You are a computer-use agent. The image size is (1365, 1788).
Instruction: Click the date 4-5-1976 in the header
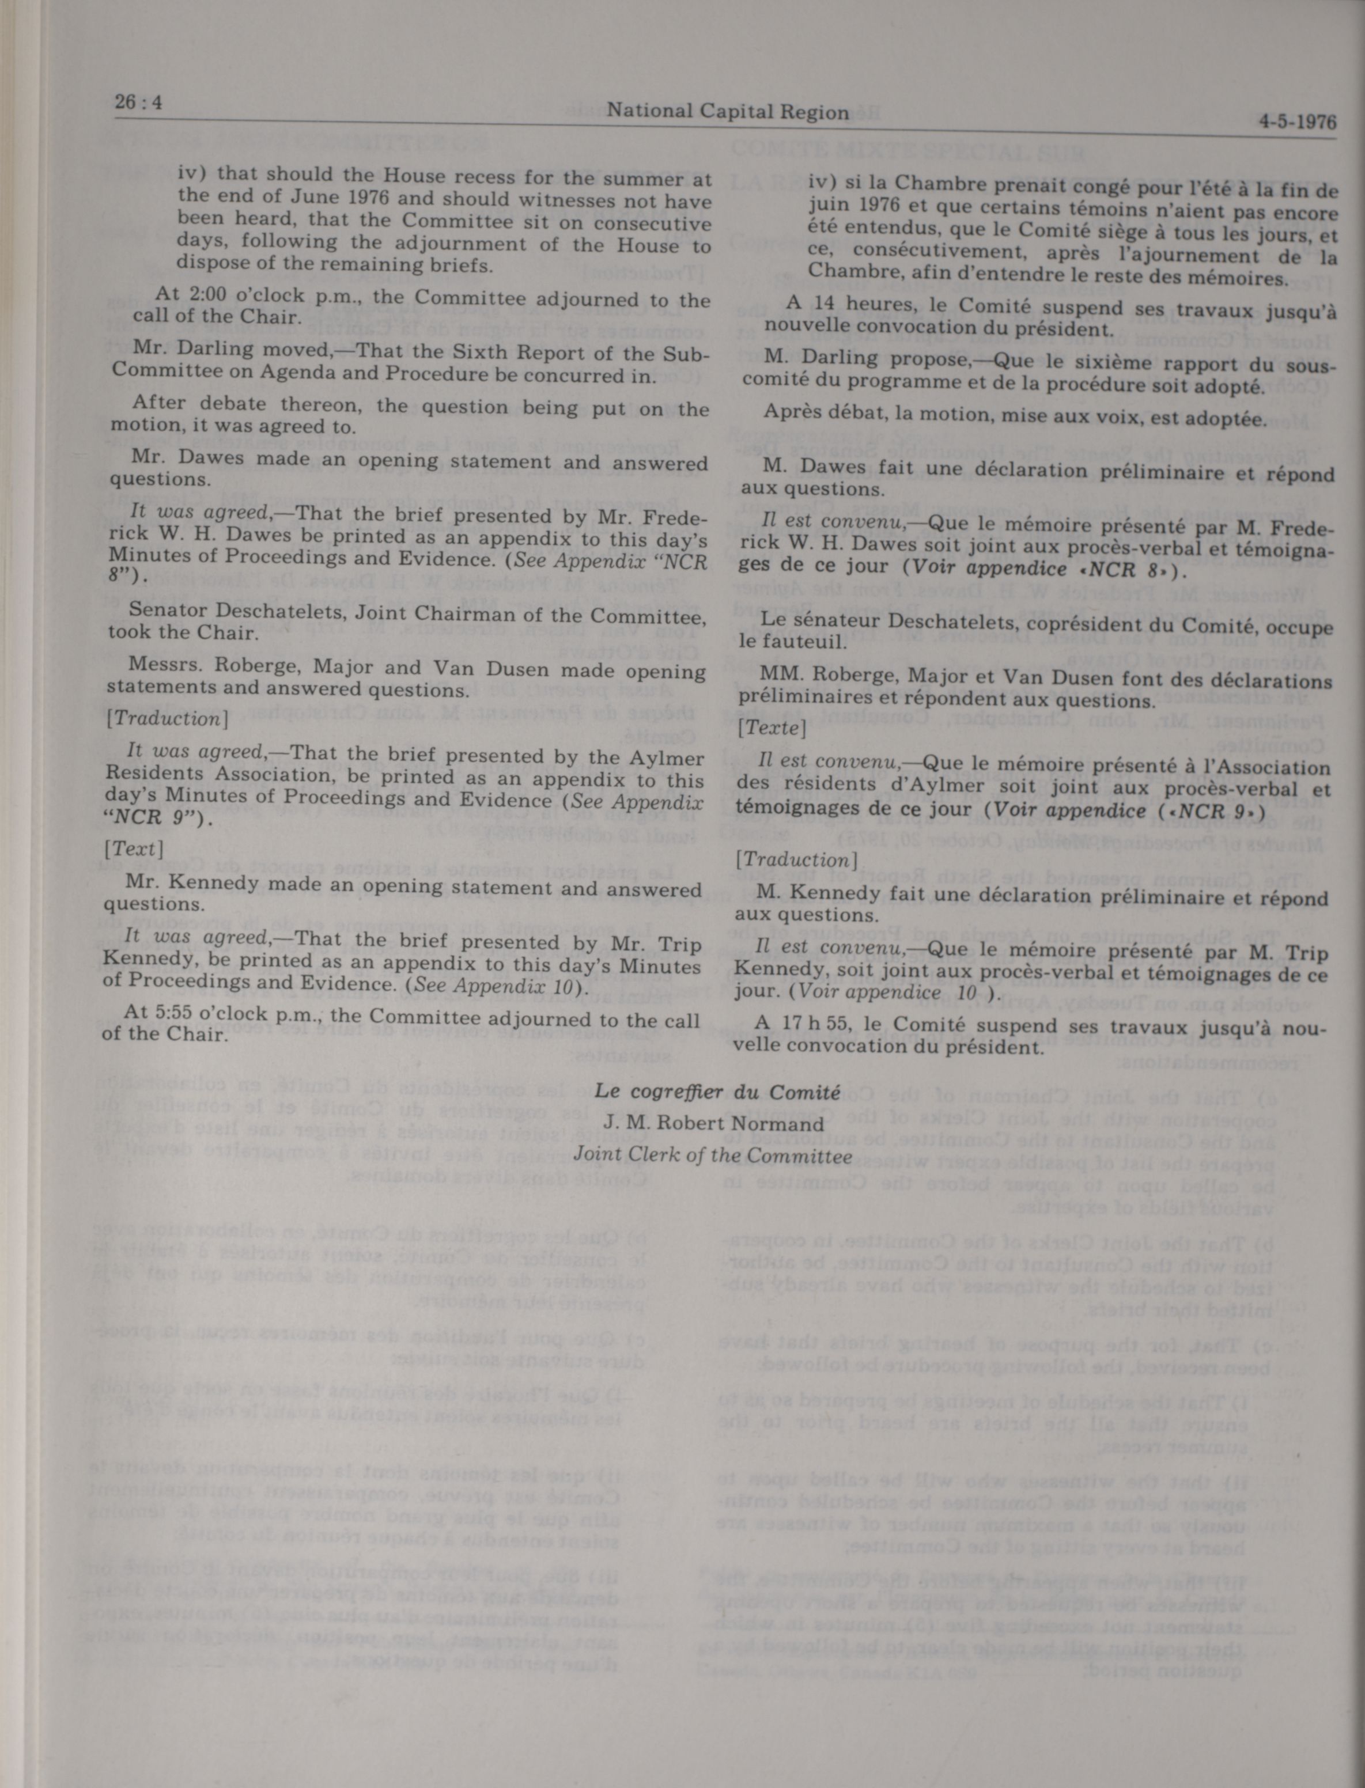click(1297, 123)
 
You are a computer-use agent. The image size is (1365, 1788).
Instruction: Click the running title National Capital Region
click(727, 112)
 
